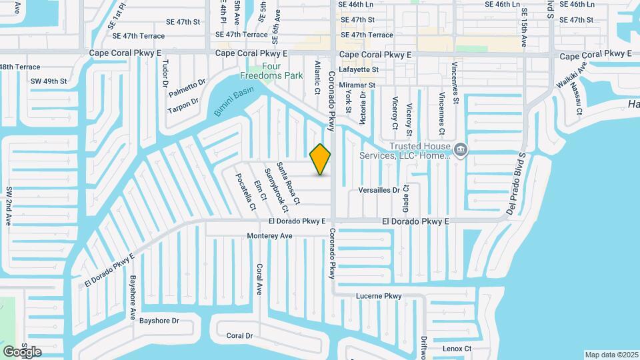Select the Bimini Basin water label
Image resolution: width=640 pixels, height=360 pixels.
point(234,102)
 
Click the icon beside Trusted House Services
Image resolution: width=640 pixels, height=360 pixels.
point(459,151)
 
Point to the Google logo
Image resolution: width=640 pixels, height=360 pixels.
point(22,351)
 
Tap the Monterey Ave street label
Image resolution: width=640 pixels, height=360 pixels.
point(269,236)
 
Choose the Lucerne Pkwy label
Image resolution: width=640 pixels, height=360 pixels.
point(379,295)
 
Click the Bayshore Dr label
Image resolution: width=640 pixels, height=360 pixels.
point(157,321)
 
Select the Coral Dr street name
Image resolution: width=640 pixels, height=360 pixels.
point(239,336)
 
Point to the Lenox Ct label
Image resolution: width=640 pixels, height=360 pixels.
point(457,349)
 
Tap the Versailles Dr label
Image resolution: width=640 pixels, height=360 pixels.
point(378,190)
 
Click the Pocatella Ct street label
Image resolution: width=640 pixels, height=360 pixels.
point(245,191)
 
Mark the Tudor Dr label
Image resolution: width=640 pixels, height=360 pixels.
point(165,73)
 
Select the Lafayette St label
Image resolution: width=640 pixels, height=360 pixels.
point(358,69)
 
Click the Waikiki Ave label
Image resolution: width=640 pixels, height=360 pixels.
point(572,75)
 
